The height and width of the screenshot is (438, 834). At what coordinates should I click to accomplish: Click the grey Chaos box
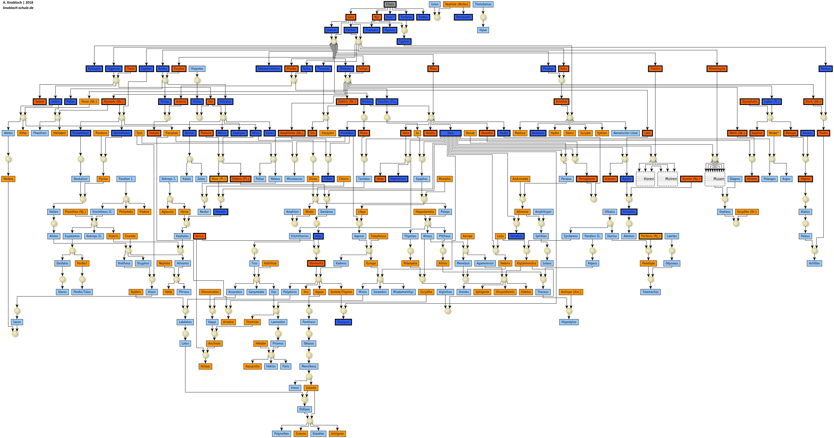coord(390,4)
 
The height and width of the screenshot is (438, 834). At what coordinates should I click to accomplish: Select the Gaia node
coord(351,17)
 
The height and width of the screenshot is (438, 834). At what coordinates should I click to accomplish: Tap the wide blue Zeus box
coord(450,133)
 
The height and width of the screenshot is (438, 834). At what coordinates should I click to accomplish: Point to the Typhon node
coord(404,41)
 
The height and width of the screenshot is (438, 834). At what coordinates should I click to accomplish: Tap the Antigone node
coord(337,434)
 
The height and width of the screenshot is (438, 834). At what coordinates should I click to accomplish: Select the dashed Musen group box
coord(715,179)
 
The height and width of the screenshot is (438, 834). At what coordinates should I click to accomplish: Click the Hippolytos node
coord(569,322)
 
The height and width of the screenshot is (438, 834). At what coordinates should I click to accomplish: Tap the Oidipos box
coord(304,409)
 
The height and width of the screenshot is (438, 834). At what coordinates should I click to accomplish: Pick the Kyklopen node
coord(94,69)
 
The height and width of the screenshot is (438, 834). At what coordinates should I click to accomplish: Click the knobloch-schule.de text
coord(18,8)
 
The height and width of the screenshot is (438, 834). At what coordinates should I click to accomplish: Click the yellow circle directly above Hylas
coord(483,17)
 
